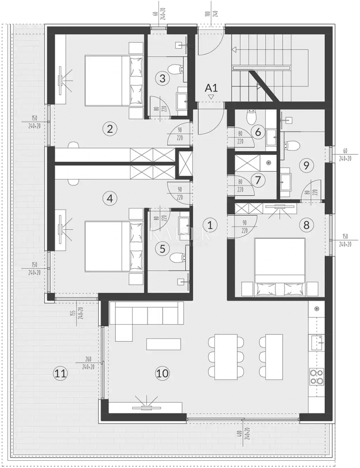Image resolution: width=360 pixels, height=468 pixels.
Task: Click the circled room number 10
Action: (x=163, y=373)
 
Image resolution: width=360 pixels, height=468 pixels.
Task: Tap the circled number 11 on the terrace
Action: (x=60, y=373)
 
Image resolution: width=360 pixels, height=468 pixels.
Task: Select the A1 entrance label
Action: (x=211, y=88)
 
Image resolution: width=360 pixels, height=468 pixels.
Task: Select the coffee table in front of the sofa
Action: (x=164, y=344)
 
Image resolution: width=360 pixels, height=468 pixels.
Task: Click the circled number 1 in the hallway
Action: (x=210, y=225)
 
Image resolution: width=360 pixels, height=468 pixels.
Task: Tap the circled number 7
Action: (x=259, y=179)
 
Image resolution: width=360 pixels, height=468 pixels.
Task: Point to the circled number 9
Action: (x=306, y=165)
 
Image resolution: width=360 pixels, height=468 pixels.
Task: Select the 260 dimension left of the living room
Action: (x=88, y=359)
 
